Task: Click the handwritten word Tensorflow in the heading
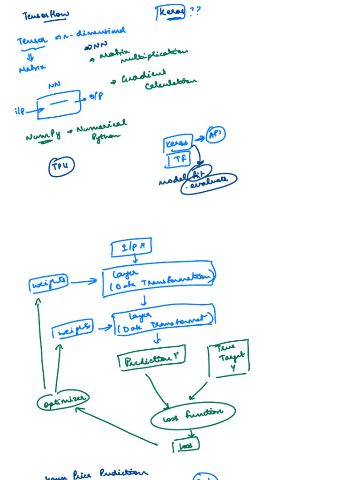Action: click(45, 15)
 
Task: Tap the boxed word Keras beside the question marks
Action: click(171, 12)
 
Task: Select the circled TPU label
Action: click(61, 166)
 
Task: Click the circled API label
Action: click(216, 135)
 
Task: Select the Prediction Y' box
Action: click(151, 360)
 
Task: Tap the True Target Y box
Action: click(228, 359)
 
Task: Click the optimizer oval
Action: click(63, 401)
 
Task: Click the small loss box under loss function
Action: click(186, 446)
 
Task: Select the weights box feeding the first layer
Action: click(48, 283)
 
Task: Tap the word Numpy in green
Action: click(43, 136)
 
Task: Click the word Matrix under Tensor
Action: click(32, 68)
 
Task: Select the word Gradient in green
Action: click(144, 77)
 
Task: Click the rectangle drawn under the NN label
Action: click(59, 105)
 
